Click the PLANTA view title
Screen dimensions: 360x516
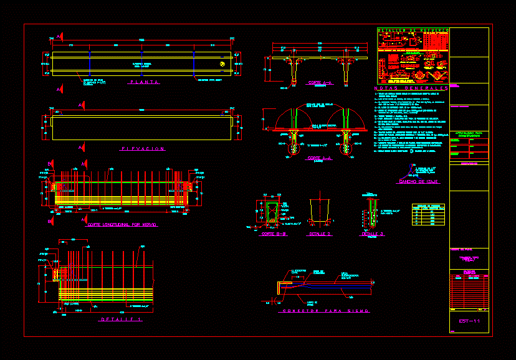(x=144, y=82)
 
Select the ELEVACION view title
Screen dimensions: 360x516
(x=143, y=148)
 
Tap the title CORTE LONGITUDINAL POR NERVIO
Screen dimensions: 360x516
(x=122, y=224)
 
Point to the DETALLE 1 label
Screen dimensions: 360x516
(x=122, y=319)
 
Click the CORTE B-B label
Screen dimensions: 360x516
(x=273, y=234)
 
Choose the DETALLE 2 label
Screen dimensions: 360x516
(x=320, y=234)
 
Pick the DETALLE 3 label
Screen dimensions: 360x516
(x=372, y=234)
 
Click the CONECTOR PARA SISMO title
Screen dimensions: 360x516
(x=325, y=311)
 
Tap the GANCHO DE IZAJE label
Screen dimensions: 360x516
(x=419, y=181)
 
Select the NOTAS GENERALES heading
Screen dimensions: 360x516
(x=412, y=88)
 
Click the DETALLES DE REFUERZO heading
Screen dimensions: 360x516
(x=413, y=30)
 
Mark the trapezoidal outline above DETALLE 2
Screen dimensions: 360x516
(x=320, y=212)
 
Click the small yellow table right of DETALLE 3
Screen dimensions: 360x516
(x=428, y=214)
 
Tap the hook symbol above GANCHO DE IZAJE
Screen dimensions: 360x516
(x=414, y=169)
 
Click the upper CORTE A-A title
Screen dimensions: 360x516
(x=320, y=82)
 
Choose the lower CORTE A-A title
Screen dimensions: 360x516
(x=319, y=158)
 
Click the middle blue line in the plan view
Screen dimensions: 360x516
(x=143, y=63)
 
